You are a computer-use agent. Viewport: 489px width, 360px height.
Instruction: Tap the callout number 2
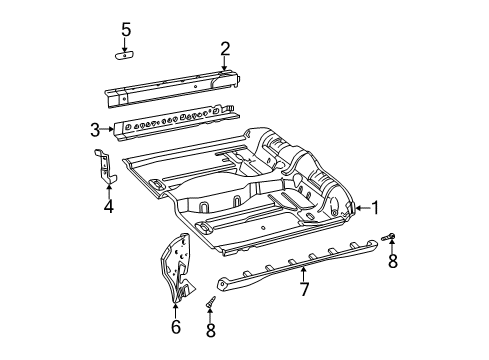tap(225, 48)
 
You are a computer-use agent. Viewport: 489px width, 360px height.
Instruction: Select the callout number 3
tap(95, 129)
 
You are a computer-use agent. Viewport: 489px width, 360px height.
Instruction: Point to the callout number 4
tap(108, 208)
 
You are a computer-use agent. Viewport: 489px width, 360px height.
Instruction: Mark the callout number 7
tap(302, 290)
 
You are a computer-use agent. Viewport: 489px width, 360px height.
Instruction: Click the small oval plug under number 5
tap(126, 56)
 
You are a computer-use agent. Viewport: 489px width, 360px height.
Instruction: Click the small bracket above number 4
tap(104, 165)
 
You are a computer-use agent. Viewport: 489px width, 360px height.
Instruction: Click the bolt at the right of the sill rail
tap(390, 238)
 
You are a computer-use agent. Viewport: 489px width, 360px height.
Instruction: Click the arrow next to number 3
tap(108, 129)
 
